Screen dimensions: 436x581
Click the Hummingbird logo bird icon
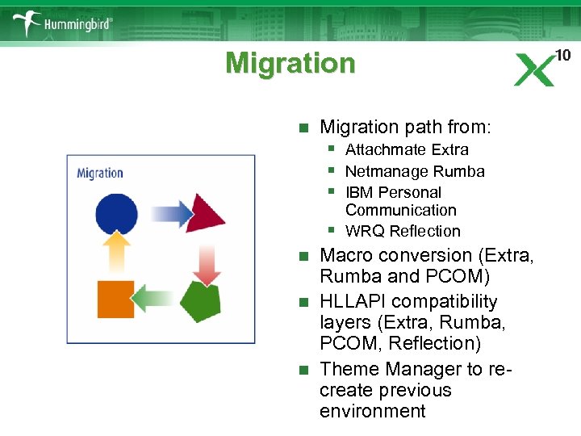pyautogui.click(x=27, y=22)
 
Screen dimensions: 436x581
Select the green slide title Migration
pyautogui.click(x=290, y=63)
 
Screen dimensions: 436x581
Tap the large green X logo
pyautogui.click(x=534, y=69)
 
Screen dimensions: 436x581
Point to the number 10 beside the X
pyautogui.click(x=562, y=55)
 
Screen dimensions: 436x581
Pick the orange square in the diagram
pyautogui.click(x=115, y=299)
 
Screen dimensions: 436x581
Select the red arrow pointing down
pyautogui.click(x=207, y=263)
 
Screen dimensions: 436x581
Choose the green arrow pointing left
pyautogui.click(x=157, y=300)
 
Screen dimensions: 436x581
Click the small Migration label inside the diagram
pyautogui.click(x=100, y=173)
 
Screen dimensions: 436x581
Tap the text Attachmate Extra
pyautogui.click(x=406, y=149)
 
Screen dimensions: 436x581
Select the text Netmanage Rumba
pyautogui.click(x=414, y=171)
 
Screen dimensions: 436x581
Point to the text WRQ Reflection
pyautogui.click(x=402, y=231)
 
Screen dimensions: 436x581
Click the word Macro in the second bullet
pyautogui.click(x=345, y=255)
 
